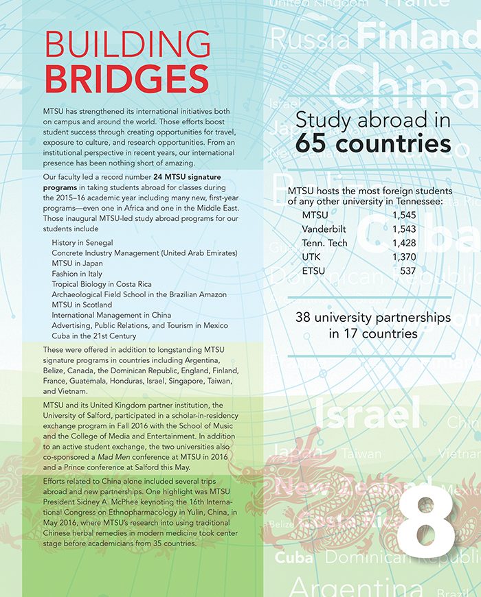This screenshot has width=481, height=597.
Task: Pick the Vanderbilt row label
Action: coord(325,229)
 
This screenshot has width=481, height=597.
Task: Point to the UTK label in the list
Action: coord(311,257)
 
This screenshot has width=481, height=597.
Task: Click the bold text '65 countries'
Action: coord(373,144)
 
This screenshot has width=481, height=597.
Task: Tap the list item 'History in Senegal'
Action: coord(82,243)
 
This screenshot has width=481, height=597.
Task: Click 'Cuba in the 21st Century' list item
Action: coord(94,336)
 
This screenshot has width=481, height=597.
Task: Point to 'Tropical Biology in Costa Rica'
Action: coord(102,284)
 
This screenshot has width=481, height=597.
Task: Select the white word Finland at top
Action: coord(418,36)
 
